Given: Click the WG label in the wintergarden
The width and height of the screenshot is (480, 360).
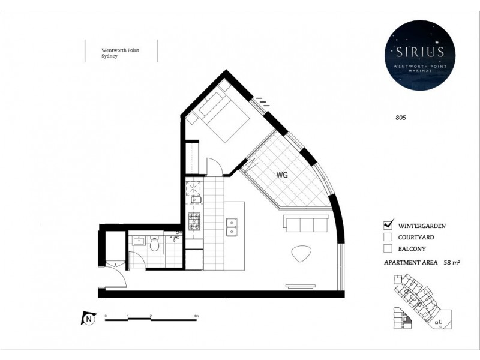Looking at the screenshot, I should click(x=283, y=176).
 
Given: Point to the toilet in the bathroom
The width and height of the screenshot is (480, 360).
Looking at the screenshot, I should click(x=154, y=244).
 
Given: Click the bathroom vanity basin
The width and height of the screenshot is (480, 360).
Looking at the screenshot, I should click(x=137, y=242).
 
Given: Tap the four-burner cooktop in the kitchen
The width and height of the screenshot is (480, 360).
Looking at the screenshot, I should click(x=195, y=222).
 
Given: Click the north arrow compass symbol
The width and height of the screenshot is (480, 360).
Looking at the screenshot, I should click(x=89, y=319).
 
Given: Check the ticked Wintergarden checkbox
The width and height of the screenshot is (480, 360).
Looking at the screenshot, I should click(x=388, y=225).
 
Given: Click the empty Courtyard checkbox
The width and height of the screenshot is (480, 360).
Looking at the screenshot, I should click(x=388, y=237).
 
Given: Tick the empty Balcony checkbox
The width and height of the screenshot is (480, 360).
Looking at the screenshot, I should click(x=388, y=248).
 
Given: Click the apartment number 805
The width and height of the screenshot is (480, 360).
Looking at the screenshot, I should click(x=401, y=118).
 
